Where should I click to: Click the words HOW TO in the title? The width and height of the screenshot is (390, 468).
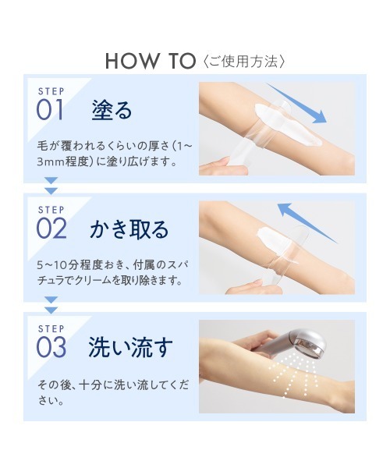[151, 61]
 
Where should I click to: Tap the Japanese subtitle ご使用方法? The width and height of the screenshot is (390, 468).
[244, 61]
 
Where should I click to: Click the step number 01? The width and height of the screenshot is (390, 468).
[50, 110]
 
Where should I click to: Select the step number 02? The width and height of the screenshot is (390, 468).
[51, 229]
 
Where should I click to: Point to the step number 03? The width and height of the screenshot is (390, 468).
[51, 347]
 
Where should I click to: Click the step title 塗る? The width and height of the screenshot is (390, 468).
[112, 110]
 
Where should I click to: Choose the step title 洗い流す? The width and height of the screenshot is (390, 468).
[131, 348]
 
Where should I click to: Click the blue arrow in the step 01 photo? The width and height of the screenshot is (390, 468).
[297, 104]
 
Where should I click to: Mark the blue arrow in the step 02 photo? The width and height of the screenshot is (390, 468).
[307, 222]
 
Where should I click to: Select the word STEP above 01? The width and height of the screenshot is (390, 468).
[51, 91]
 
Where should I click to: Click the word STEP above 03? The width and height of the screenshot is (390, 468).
[51, 328]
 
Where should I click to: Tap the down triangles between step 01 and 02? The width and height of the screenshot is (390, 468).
[51, 186]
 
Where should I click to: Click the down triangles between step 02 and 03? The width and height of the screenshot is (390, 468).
[51, 305]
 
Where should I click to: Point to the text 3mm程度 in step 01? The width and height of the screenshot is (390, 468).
[63, 161]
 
